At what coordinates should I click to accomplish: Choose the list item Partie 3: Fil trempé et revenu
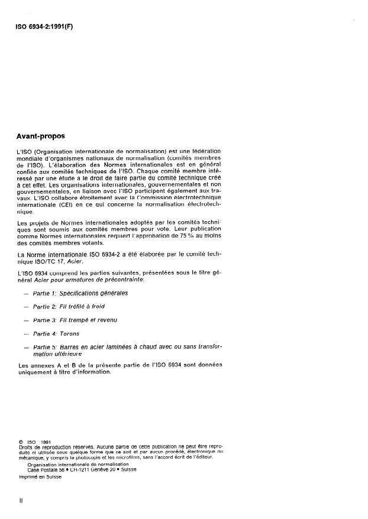(x=75, y=320)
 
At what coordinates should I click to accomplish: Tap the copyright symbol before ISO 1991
(x=21, y=440)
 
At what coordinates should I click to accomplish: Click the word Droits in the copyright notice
(x=25, y=446)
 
